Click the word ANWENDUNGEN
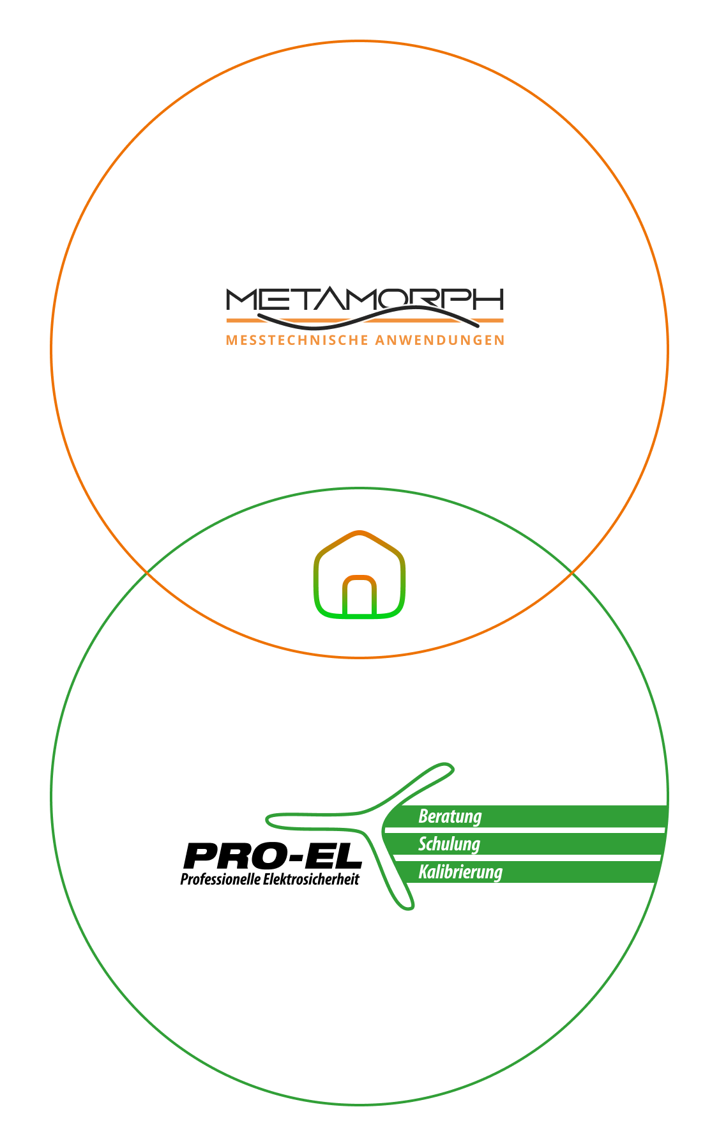(x=440, y=340)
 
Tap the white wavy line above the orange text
(x=368, y=316)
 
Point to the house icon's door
(x=359, y=597)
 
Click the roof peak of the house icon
(x=359, y=532)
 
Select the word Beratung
(x=450, y=816)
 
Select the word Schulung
(x=449, y=844)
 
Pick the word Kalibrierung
(x=460, y=872)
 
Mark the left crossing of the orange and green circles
(x=148, y=573)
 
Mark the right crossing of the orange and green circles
(x=571, y=573)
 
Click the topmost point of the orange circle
(x=359, y=42)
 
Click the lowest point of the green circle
(x=359, y=1104)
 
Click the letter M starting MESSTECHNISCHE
(x=231, y=340)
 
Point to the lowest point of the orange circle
(x=359, y=657)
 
